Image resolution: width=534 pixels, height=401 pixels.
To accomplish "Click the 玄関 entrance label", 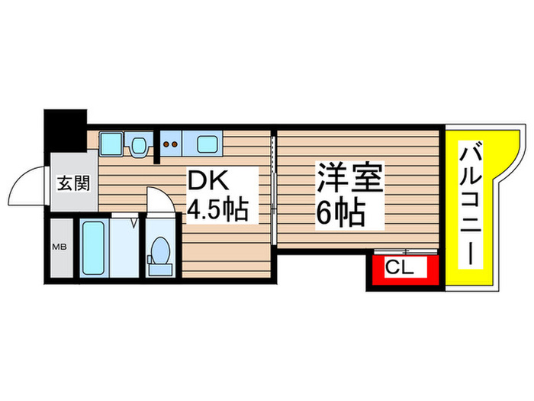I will (74, 184).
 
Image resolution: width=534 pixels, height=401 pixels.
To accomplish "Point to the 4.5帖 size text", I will (219, 209).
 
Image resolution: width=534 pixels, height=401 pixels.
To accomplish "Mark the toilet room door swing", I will (160, 201).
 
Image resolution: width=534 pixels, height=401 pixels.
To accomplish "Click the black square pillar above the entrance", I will (64, 132).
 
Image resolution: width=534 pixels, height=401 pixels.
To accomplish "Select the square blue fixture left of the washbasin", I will (111, 143).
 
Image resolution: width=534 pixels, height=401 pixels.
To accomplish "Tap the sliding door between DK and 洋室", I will (273, 187).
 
